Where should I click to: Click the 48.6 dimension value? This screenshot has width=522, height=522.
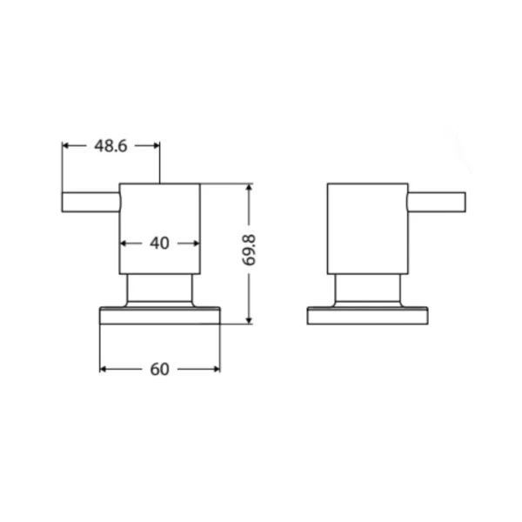(x=110, y=146)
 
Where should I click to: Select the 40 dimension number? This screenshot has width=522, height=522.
(x=159, y=244)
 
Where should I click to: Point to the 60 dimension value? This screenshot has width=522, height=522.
(x=159, y=369)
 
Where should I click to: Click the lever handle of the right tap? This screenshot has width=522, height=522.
(x=437, y=201)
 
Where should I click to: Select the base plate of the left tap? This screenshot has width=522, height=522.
(x=160, y=315)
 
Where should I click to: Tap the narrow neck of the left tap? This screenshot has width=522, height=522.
(x=160, y=289)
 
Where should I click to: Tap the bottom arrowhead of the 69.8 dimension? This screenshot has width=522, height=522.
(x=250, y=319)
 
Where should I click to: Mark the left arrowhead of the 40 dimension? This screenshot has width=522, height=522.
(x=124, y=244)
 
